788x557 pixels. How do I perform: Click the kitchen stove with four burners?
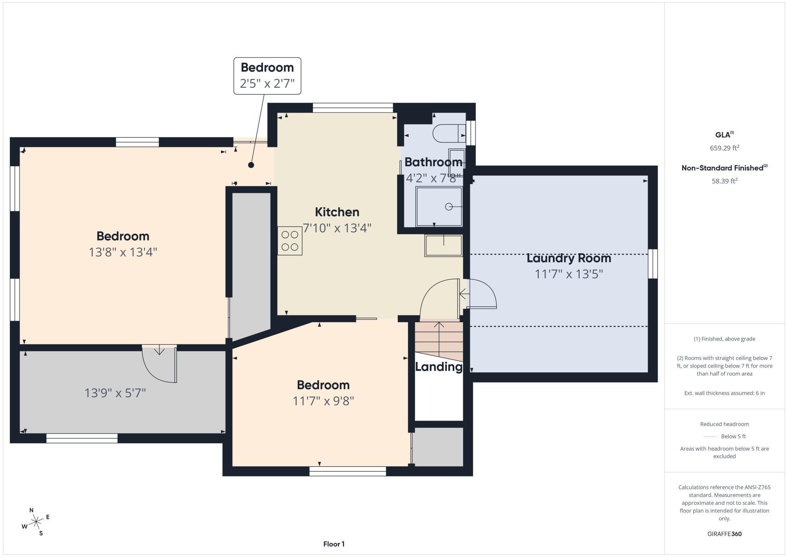(290, 241)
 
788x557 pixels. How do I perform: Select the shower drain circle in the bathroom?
(449, 207)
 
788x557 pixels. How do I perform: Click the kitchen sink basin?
(443, 246)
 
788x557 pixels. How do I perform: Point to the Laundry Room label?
(569, 258)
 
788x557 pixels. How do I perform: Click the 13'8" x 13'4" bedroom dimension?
(123, 252)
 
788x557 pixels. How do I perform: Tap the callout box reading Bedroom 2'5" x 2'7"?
(267, 76)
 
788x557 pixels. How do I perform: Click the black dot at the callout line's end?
(251, 165)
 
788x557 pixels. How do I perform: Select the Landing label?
(439, 367)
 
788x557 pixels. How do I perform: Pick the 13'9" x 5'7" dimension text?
(115, 393)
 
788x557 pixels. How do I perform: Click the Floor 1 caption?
(334, 544)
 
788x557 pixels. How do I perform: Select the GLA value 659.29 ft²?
(724, 148)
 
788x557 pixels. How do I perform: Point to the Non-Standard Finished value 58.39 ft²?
(724, 181)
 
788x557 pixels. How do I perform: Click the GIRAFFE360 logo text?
(724, 534)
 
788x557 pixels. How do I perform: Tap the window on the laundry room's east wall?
(652, 264)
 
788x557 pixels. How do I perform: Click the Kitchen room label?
(337, 212)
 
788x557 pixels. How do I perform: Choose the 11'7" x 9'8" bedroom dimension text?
(323, 401)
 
